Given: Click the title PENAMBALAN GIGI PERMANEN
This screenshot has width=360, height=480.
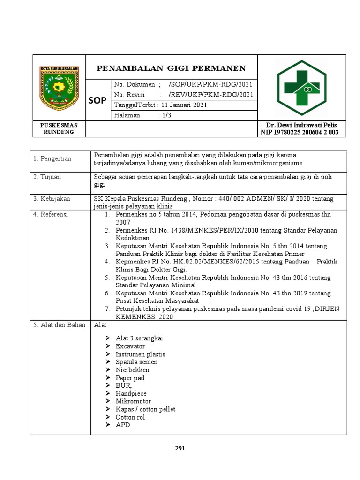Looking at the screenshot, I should tap(171, 68).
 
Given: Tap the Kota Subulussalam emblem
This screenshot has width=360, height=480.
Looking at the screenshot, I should tap(59, 88).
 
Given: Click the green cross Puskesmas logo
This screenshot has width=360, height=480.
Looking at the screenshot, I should tap(302, 88).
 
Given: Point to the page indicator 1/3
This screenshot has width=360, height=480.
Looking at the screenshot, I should tap(165, 116).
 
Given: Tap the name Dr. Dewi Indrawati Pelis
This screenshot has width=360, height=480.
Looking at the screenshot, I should tap(301, 125).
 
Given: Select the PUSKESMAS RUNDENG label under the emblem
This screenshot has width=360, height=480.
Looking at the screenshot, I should tap(59, 128).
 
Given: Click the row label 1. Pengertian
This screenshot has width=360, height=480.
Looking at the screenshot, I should tap(52, 158).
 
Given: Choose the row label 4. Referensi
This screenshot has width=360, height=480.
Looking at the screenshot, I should tap(51, 214).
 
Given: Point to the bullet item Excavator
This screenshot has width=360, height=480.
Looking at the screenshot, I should tap(130, 346).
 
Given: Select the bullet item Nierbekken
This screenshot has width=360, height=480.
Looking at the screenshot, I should tap(133, 370).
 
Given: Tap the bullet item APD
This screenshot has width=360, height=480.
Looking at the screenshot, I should tap(123, 425).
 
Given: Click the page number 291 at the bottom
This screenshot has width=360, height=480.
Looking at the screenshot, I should tap(180, 449).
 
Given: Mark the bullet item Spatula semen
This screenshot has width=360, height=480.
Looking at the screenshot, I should tap(136, 362).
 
